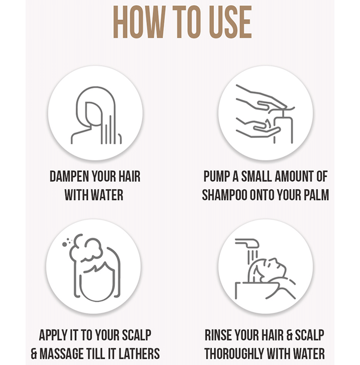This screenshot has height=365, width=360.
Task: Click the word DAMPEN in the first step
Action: pyautogui.click(x=69, y=176)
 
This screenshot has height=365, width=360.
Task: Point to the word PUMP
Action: pyautogui.click(x=217, y=176)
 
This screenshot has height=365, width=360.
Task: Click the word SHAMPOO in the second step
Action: pyautogui.click(x=224, y=195)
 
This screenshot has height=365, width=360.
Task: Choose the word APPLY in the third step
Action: pyautogui.click(x=53, y=335)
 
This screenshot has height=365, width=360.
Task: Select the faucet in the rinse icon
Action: pyautogui.click(x=247, y=244)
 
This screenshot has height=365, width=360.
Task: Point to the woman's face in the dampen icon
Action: pyautogui.click(x=93, y=114)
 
